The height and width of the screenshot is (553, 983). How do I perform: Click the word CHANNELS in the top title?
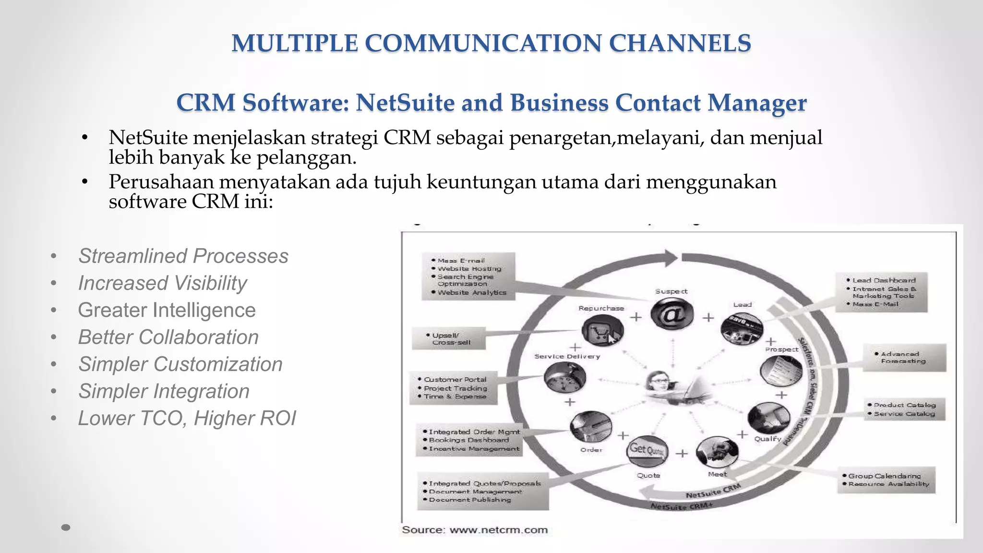(680, 43)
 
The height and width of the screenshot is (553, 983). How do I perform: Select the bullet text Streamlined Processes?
(183, 256)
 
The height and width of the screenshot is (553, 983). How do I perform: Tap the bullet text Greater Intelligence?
(167, 310)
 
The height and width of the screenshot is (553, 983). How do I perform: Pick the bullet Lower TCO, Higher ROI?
(187, 418)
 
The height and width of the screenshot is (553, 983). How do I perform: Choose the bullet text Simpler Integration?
(164, 391)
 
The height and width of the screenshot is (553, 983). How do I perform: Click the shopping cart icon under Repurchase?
(602, 331)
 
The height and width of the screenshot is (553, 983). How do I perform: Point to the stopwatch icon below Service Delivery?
(565, 378)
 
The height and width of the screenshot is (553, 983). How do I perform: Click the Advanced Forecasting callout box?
(904, 358)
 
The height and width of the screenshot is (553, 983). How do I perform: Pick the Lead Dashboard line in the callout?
(884, 280)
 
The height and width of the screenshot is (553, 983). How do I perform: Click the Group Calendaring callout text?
(884, 476)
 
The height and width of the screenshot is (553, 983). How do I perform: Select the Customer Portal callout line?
(455, 379)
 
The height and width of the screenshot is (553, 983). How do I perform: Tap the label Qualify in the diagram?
(767, 439)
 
